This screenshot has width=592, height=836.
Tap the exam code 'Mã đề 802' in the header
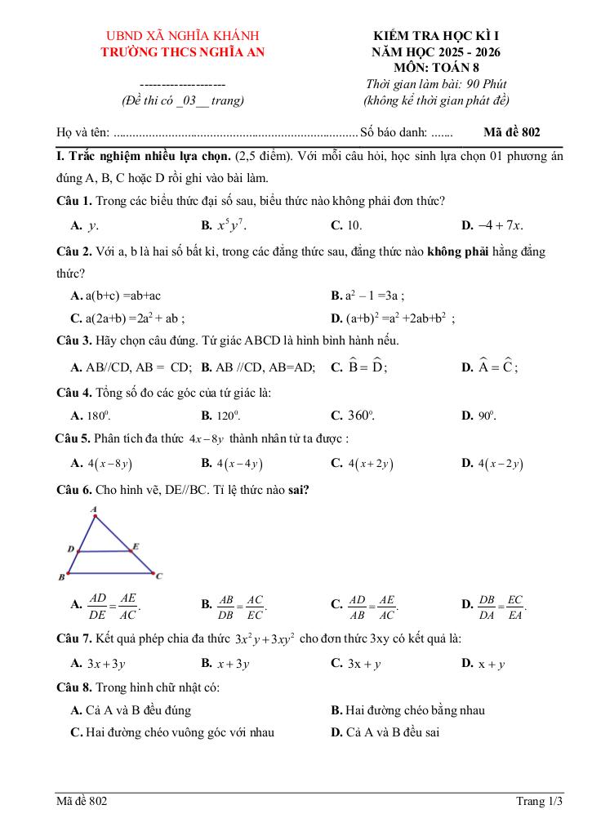point(511,131)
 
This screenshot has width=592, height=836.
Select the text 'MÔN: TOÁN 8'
point(435,67)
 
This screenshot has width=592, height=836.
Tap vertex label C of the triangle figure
point(159,576)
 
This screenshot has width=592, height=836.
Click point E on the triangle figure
point(136,545)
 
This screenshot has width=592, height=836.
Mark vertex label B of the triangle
point(61,577)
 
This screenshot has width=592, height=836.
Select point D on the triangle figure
point(71,549)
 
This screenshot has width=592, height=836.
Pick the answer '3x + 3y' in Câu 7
point(105,664)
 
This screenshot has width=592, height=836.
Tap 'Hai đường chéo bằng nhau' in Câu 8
point(414,710)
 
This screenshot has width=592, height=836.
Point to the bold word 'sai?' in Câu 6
point(297,490)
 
